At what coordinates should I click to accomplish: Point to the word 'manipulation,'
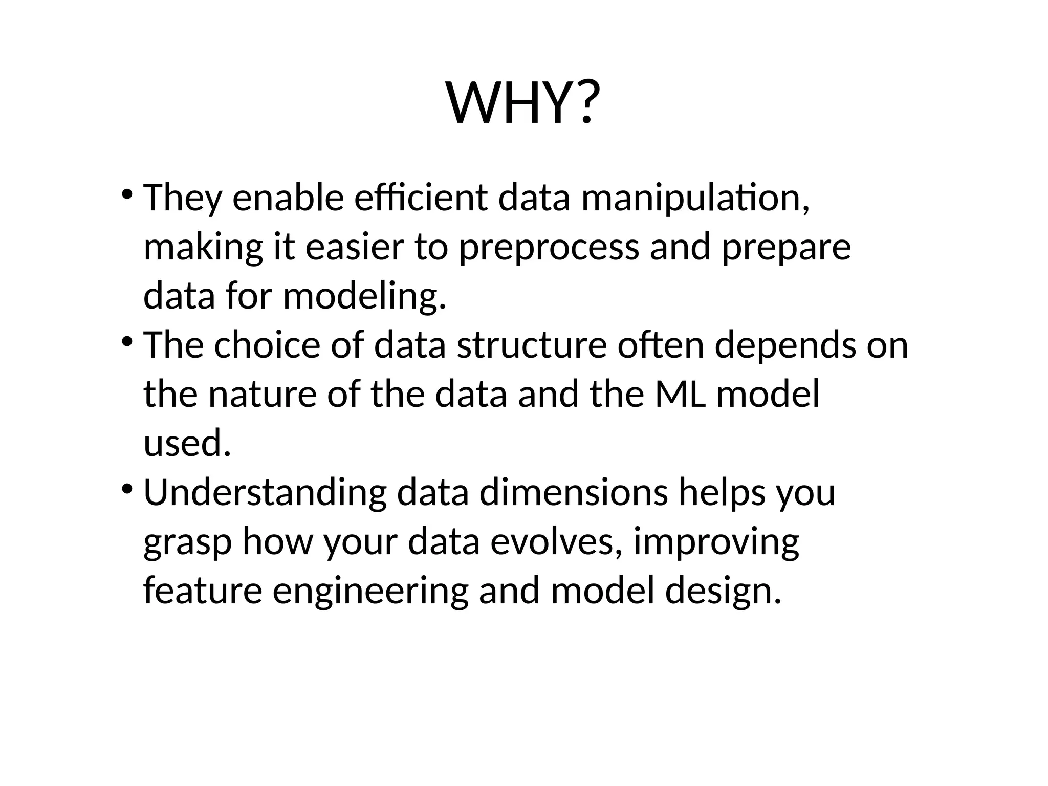tap(695, 199)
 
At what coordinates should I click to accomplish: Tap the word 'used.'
tap(187, 443)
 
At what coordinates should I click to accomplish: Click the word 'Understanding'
tap(265, 493)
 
